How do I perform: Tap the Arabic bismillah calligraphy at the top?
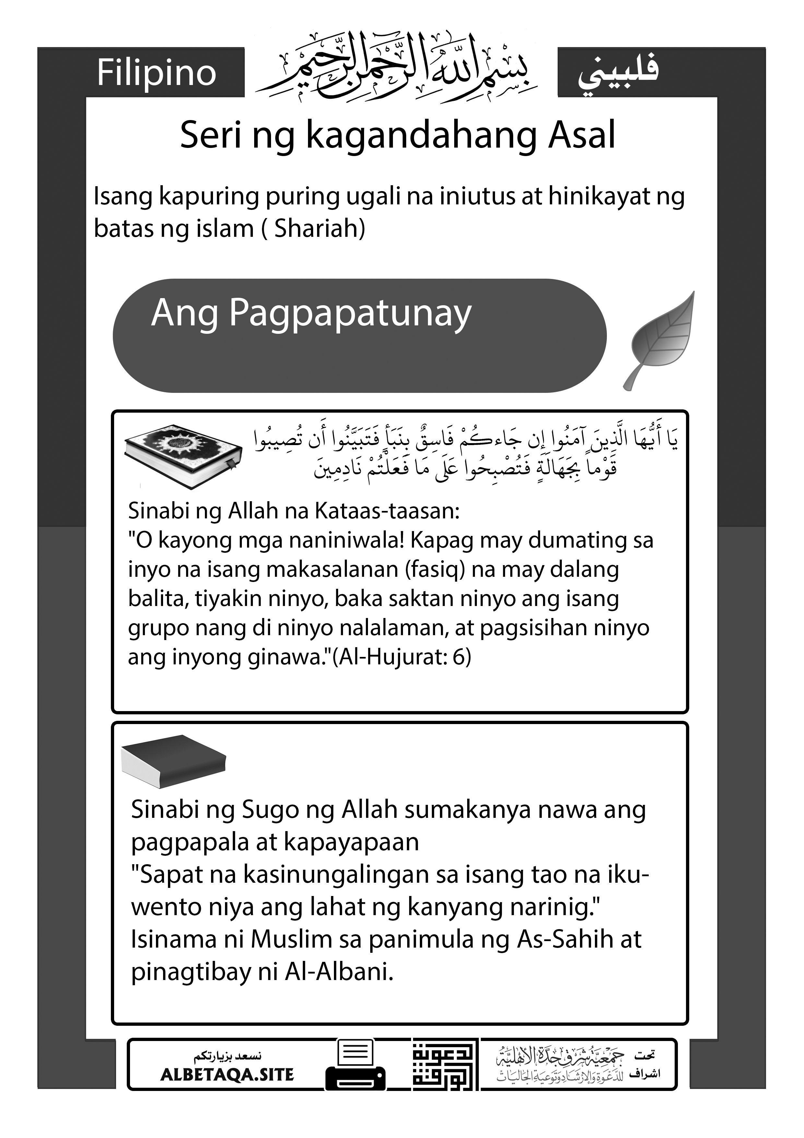click(396, 67)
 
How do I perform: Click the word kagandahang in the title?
click(421, 135)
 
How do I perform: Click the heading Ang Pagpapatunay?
click(311, 313)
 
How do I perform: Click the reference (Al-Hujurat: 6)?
click(402, 657)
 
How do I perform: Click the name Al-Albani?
click(339, 973)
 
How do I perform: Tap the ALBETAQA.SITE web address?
click(227, 1074)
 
